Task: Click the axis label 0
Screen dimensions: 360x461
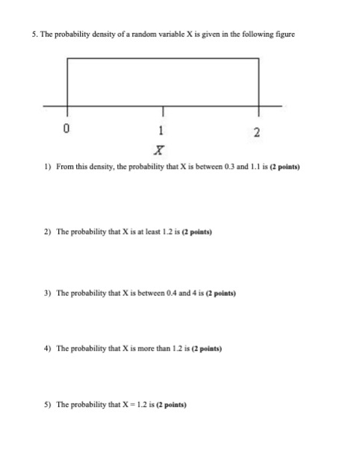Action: point(67,129)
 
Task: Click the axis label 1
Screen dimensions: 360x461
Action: point(161,129)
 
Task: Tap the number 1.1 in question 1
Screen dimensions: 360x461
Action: point(236,170)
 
